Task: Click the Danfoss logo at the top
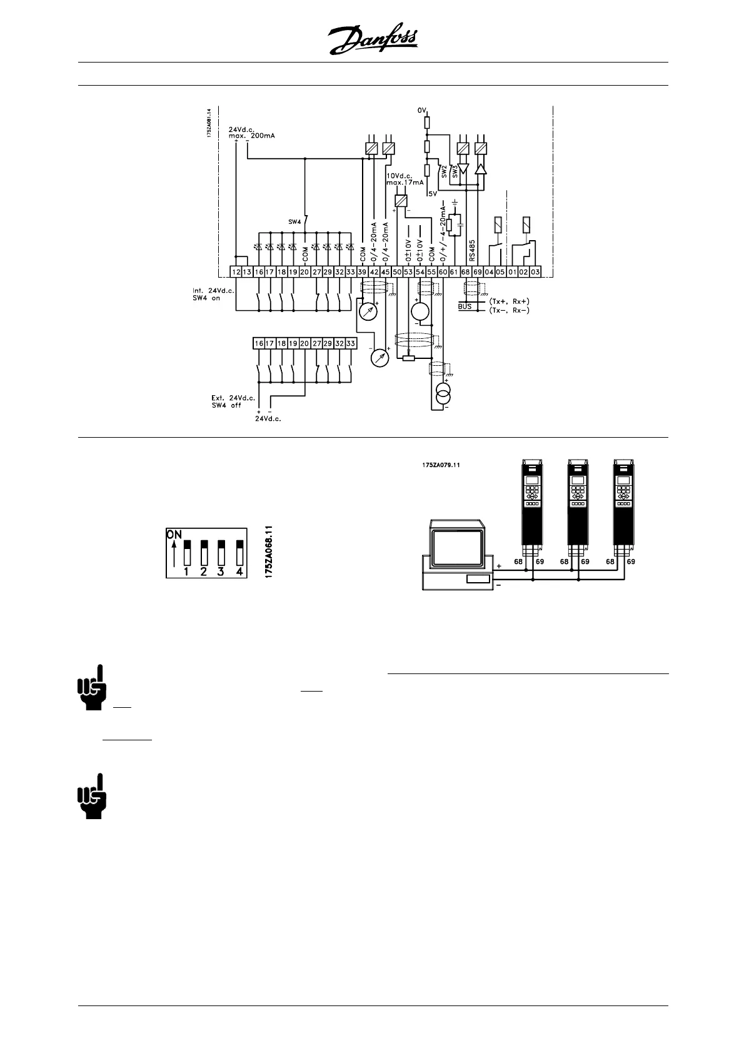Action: (373, 41)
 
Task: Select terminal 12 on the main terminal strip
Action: (236, 272)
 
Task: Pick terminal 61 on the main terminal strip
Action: (455, 272)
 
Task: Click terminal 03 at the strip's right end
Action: (535, 272)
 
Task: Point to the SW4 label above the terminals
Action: (294, 222)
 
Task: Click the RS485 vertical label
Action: (473, 249)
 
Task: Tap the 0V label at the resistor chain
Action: (422, 110)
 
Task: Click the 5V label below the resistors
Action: (433, 194)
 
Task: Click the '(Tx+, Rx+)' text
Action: (509, 301)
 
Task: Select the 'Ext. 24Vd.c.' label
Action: (233, 398)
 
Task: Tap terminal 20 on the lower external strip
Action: (304, 343)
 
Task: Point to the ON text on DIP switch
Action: (174, 535)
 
